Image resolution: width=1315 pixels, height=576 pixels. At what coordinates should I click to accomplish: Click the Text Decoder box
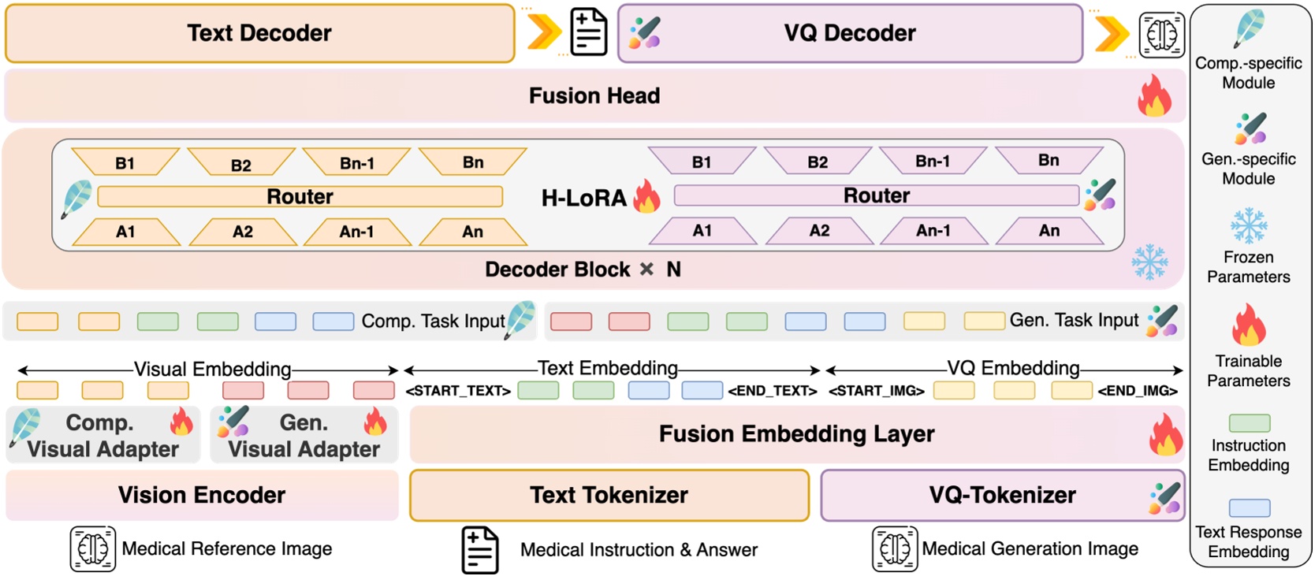pyautogui.click(x=259, y=33)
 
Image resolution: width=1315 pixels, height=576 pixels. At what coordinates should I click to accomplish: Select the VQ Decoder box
pyautogui.click(x=849, y=33)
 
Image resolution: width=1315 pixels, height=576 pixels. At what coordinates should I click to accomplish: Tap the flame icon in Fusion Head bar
pyautogui.click(x=1154, y=96)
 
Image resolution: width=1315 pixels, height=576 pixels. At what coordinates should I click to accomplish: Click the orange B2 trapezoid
pyautogui.click(x=241, y=164)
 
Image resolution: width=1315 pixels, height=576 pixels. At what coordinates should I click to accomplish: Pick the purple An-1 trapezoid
pyautogui.click(x=933, y=231)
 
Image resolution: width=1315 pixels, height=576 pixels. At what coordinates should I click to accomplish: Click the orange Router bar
pyautogui.click(x=300, y=196)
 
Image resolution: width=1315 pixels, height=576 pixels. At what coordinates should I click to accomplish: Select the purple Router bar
pyautogui.click(x=876, y=195)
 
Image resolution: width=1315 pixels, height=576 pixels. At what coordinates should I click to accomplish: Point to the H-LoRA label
pyautogui.click(x=584, y=198)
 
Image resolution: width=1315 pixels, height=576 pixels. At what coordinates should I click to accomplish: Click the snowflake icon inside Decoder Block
pyautogui.click(x=1149, y=262)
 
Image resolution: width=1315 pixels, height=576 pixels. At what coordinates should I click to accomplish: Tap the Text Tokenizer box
pyautogui.click(x=609, y=495)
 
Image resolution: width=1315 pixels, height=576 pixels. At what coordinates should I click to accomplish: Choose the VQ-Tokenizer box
pyautogui.click(x=1001, y=495)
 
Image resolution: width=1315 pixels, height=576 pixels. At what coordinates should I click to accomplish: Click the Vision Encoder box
pyautogui.click(x=202, y=495)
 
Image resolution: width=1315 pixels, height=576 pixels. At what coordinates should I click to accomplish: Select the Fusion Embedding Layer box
pyautogui.click(x=796, y=434)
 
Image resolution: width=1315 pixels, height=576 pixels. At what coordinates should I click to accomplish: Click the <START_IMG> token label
pyautogui.click(x=876, y=391)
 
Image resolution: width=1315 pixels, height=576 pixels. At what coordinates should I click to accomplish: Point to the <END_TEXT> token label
pyautogui.click(x=772, y=391)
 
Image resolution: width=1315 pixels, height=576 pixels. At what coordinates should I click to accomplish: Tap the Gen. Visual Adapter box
pyautogui.click(x=304, y=435)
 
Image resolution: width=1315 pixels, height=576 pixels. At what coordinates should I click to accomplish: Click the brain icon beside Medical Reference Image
pyautogui.click(x=92, y=548)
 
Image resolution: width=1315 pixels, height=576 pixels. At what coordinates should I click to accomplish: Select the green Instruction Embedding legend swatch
pyautogui.click(x=1249, y=423)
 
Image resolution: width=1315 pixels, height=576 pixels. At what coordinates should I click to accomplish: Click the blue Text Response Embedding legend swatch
pyautogui.click(x=1249, y=508)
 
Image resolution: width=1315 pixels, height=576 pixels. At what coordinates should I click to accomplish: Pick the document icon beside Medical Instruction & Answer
pyautogui.click(x=480, y=550)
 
